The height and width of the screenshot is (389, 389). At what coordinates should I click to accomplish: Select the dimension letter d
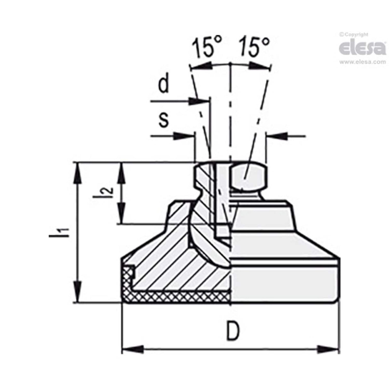tap(164, 85)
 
